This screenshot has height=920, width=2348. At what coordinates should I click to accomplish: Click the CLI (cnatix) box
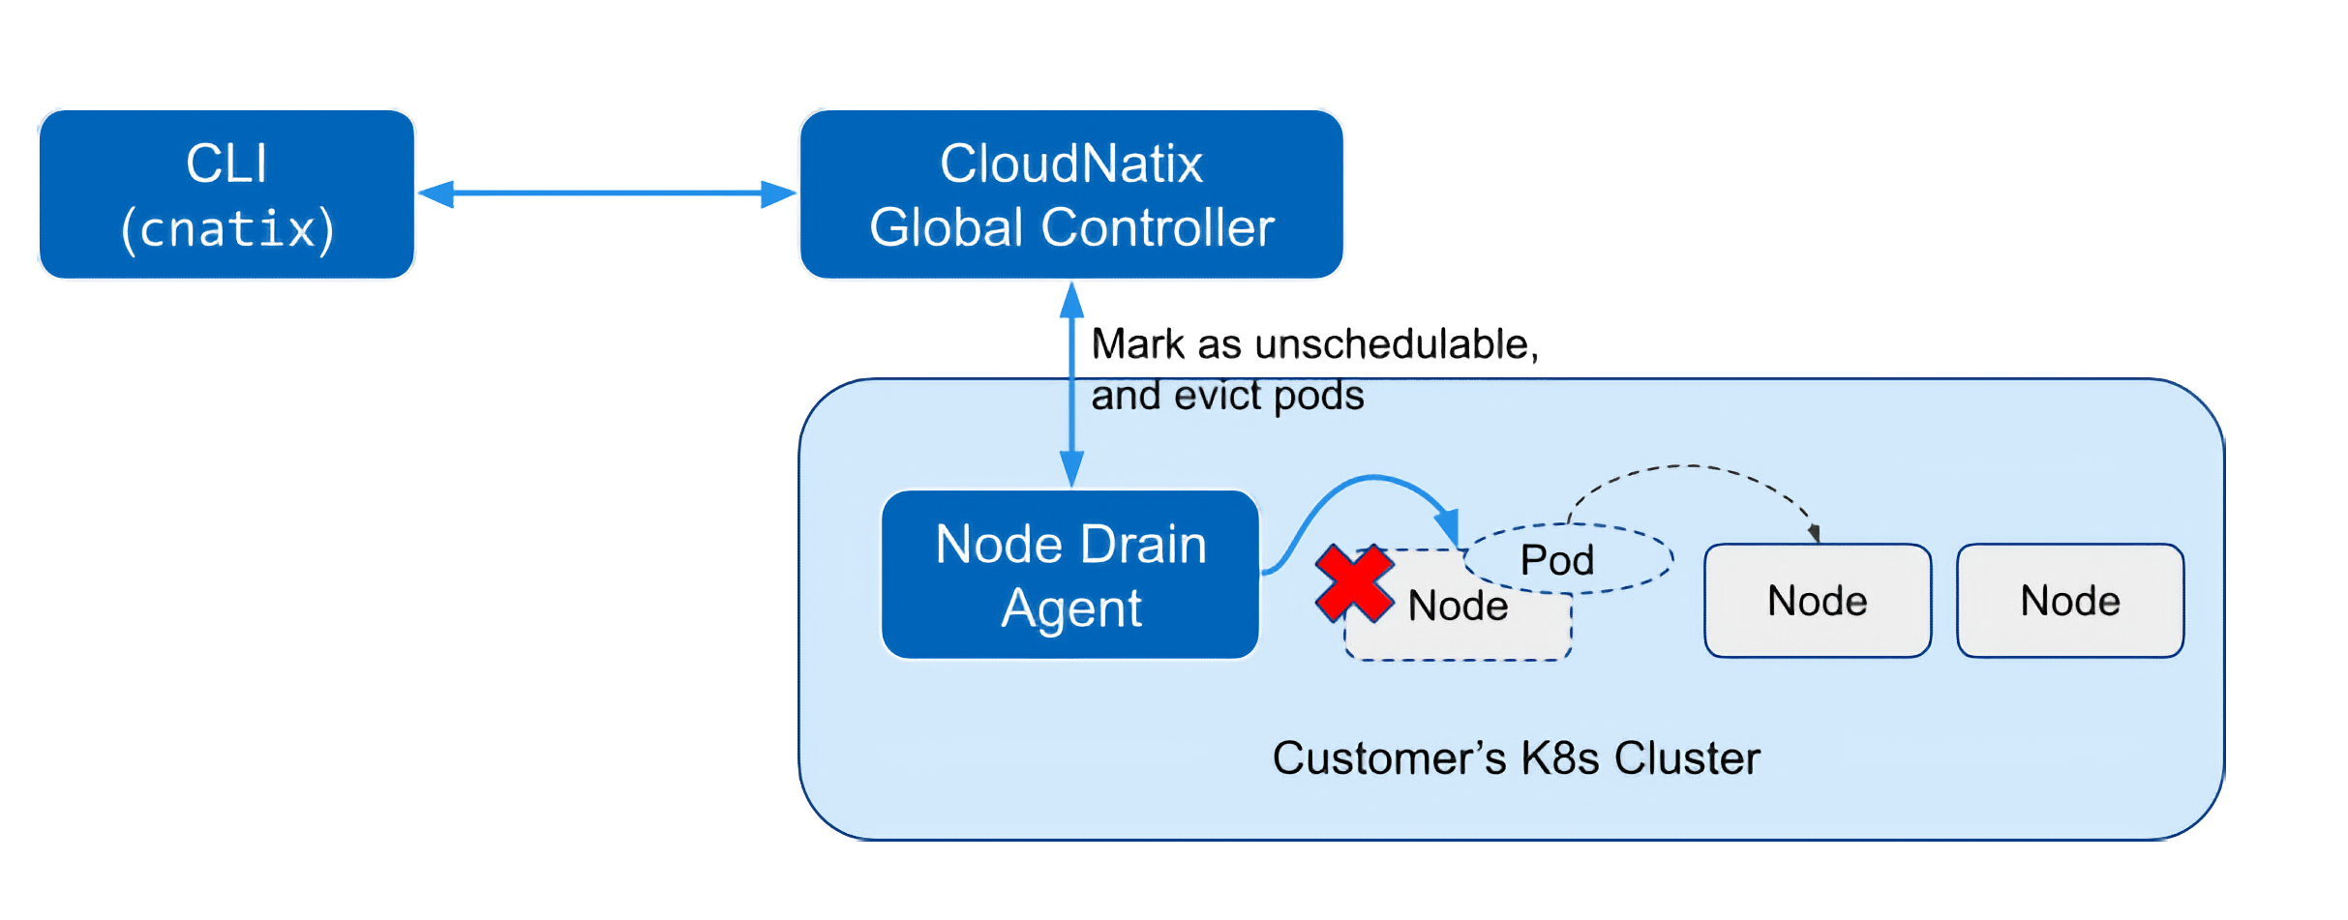[227, 194]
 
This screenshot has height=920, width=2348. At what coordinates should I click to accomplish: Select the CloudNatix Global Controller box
[1071, 194]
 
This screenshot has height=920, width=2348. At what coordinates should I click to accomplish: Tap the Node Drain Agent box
[1070, 575]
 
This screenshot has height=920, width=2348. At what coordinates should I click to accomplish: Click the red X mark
[1354, 583]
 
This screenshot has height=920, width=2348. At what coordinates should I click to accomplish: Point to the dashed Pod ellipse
[1569, 559]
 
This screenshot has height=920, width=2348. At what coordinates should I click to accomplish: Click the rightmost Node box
[2070, 601]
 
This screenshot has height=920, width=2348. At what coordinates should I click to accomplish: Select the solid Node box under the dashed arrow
[1817, 601]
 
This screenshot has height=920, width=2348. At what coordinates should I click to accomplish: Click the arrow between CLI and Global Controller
[607, 193]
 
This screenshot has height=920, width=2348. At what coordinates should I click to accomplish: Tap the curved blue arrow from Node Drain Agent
[1355, 489]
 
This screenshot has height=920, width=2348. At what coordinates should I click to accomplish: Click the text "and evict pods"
[1227, 396]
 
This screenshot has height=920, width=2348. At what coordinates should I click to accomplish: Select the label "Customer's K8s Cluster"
[1516, 758]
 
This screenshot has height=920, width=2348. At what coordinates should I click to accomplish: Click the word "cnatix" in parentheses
[228, 229]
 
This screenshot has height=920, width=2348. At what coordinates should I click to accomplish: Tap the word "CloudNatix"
[1071, 163]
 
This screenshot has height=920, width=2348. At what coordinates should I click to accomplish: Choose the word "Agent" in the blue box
[1071, 608]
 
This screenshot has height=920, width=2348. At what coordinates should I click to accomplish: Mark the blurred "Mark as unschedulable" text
[1313, 343]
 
